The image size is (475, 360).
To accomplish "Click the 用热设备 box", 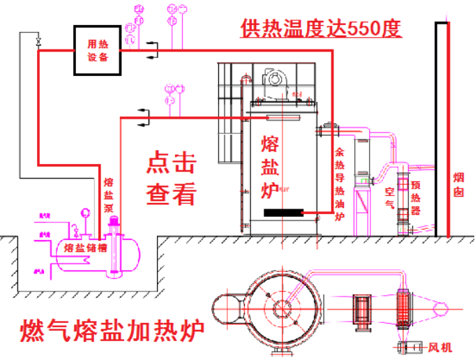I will click(98, 50).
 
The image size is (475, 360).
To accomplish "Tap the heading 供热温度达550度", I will click(322, 29).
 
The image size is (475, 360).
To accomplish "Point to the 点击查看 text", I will click(171, 179).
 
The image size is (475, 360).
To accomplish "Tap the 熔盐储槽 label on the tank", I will click(84, 247).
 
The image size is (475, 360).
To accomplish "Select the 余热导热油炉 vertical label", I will click(340, 183).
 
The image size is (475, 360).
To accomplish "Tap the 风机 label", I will click(441, 347).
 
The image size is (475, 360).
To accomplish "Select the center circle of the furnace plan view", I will click(281, 307).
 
